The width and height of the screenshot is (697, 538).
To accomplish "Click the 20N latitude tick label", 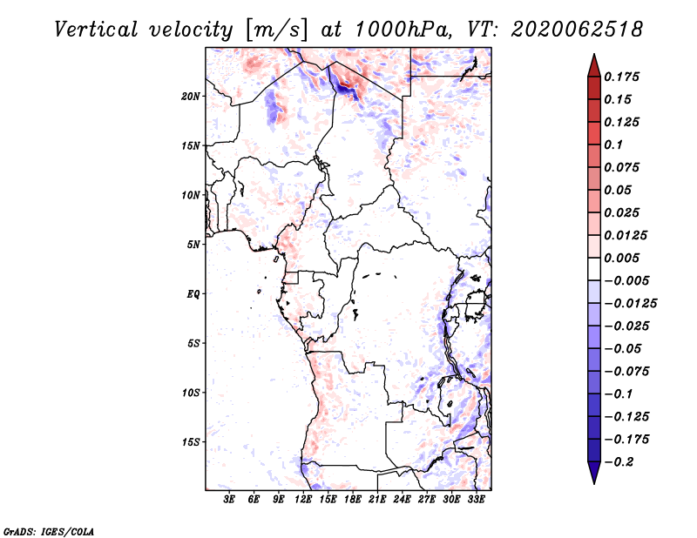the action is (191, 97).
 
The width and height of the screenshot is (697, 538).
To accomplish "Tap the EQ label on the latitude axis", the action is (193, 294).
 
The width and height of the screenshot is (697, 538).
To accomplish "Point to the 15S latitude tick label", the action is (191, 442).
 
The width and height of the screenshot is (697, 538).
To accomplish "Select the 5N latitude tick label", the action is (193, 245).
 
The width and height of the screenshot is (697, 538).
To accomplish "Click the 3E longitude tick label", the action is (229, 500).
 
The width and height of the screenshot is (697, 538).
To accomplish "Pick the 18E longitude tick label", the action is (353, 500).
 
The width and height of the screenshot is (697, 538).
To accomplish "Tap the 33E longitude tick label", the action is (476, 500).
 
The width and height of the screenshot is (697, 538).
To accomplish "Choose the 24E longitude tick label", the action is (402, 500).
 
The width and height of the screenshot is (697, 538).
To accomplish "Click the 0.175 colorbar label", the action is (621, 77).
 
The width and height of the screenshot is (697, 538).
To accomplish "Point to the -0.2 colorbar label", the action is (619, 462).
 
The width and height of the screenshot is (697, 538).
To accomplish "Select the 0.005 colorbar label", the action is (621, 258).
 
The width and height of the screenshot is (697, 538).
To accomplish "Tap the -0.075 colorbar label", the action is (626, 372).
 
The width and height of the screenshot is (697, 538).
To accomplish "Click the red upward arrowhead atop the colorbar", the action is (594, 66).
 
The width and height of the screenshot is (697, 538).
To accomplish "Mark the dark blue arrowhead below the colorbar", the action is (594, 472).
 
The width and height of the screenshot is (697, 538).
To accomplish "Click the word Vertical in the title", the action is (96, 30).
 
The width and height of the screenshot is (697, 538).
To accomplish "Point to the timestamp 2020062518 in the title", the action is (577, 30).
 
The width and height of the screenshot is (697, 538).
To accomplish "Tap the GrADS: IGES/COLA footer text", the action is (49, 531).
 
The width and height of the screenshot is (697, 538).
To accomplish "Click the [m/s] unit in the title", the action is (275, 30).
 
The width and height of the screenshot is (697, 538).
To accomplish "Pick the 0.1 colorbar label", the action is (613, 145).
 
